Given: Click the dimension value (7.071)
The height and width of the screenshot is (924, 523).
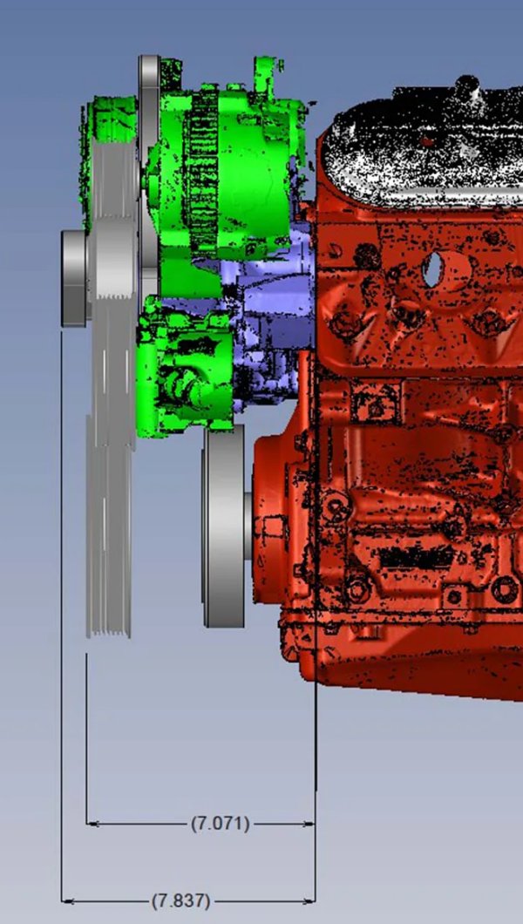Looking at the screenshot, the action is coord(221,823).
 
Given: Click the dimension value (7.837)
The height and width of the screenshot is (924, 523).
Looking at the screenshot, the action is coord(180,901).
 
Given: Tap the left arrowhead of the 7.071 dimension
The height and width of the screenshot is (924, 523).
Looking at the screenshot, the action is coord(92,823).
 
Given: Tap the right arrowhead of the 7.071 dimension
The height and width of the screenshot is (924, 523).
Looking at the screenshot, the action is coord(309,824).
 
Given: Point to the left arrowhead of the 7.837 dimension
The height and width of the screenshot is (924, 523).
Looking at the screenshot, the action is coord(68,901).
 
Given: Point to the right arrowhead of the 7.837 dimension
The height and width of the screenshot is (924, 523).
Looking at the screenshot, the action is coord(309,901).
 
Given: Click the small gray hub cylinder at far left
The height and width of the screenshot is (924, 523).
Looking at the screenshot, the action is coord(73,278).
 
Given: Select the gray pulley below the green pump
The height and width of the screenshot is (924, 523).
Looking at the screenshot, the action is coord(224,527).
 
